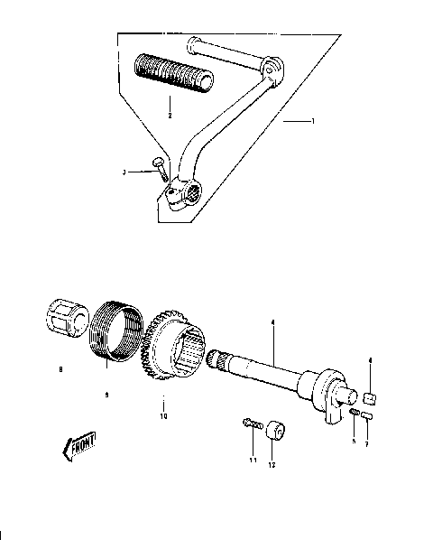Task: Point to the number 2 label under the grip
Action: pos(168,115)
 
